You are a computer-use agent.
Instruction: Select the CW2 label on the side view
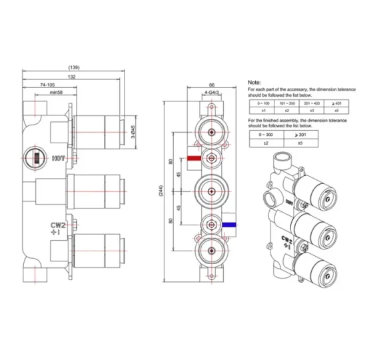click(x=57, y=226)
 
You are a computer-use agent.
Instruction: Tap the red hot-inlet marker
click(x=194, y=159)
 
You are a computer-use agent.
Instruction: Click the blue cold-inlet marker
click(x=228, y=225)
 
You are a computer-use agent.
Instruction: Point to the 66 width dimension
click(x=211, y=85)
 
